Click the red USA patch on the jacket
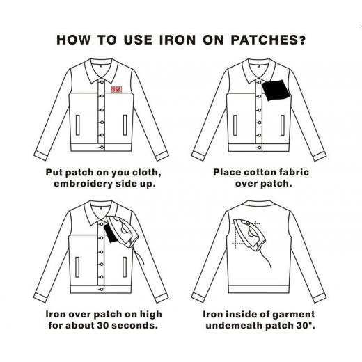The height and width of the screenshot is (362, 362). tap(116, 89)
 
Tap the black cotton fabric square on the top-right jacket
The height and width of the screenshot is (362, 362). tap(276, 90)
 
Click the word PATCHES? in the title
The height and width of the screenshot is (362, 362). tap(268, 40)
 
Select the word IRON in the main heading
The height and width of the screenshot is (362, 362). tap(178, 40)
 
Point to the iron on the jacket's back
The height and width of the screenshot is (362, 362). tap(249, 235)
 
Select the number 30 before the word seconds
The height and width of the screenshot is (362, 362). tap(103, 325)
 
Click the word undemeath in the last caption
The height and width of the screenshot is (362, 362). tap(234, 325)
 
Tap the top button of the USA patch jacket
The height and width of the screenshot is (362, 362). tap(102, 82)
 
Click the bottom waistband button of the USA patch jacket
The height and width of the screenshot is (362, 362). tap(102, 148)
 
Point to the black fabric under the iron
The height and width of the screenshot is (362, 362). tap(111, 234)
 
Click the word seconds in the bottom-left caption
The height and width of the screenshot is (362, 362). tap(135, 325)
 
